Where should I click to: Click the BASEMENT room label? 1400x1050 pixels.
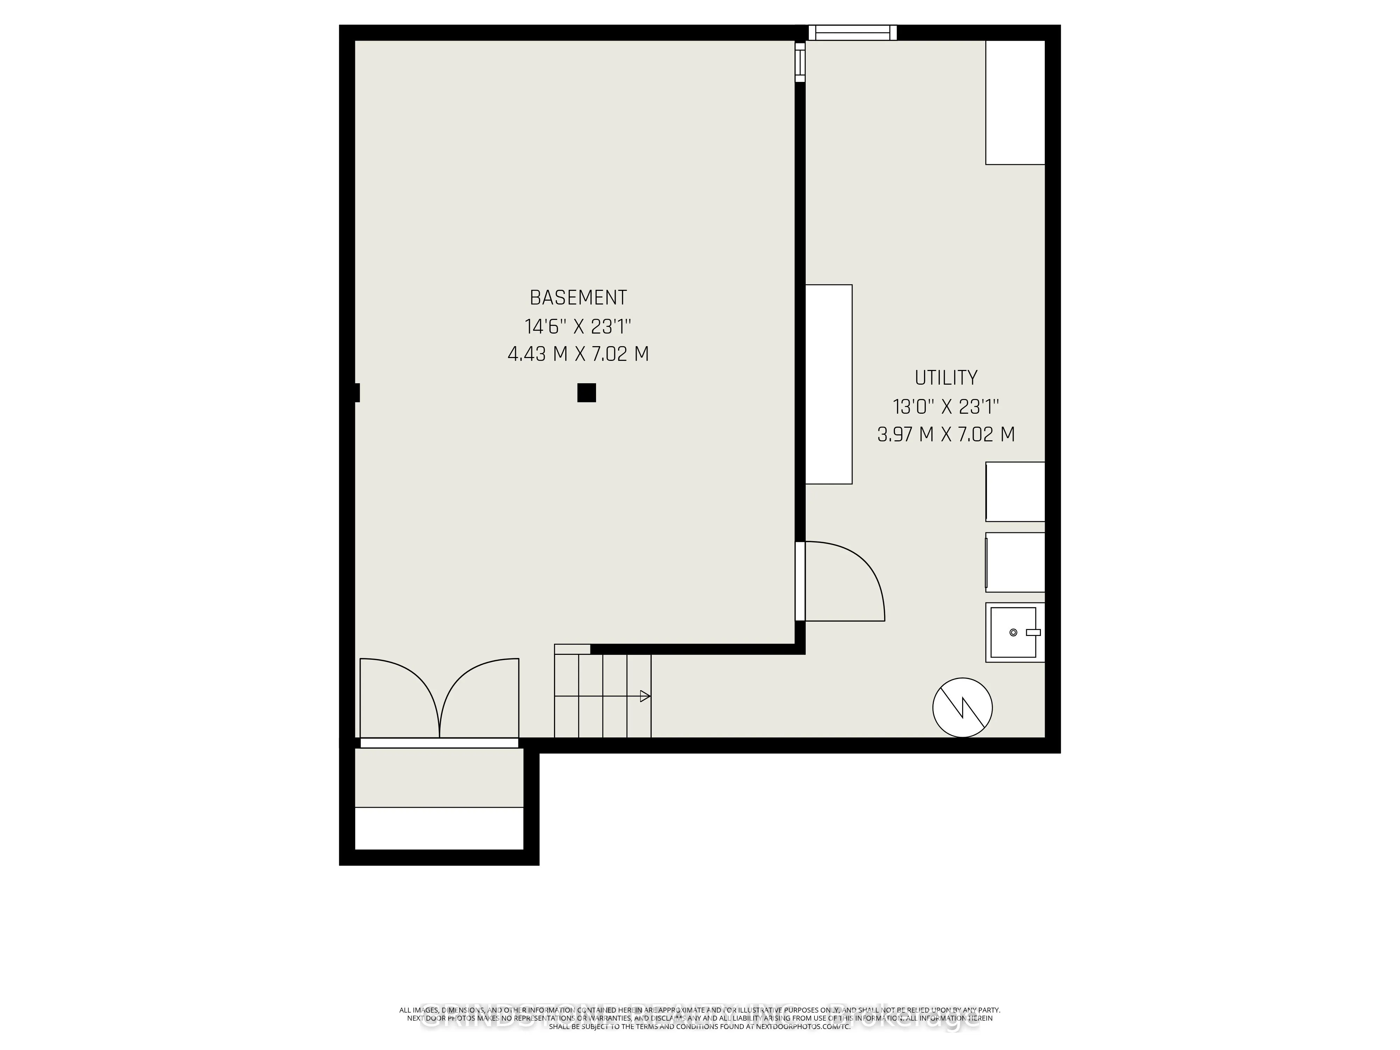point(578,297)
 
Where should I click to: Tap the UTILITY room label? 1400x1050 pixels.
point(946,378)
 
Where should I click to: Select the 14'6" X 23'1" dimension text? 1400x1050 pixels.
point(578,327)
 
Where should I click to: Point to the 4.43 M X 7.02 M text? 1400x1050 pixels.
point(578,354)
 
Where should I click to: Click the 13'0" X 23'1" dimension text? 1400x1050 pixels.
point(946,406)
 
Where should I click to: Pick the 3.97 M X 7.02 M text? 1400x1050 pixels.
point(946,435)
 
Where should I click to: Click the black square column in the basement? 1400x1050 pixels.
point(586,393)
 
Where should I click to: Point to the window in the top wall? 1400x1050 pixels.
point(853,32)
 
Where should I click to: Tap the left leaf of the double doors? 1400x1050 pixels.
point(399,696)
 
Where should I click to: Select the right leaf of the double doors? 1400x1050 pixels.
point(480,696)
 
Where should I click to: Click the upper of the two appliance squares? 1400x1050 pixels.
point(1015,492)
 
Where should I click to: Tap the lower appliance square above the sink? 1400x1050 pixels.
point(1015,562)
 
